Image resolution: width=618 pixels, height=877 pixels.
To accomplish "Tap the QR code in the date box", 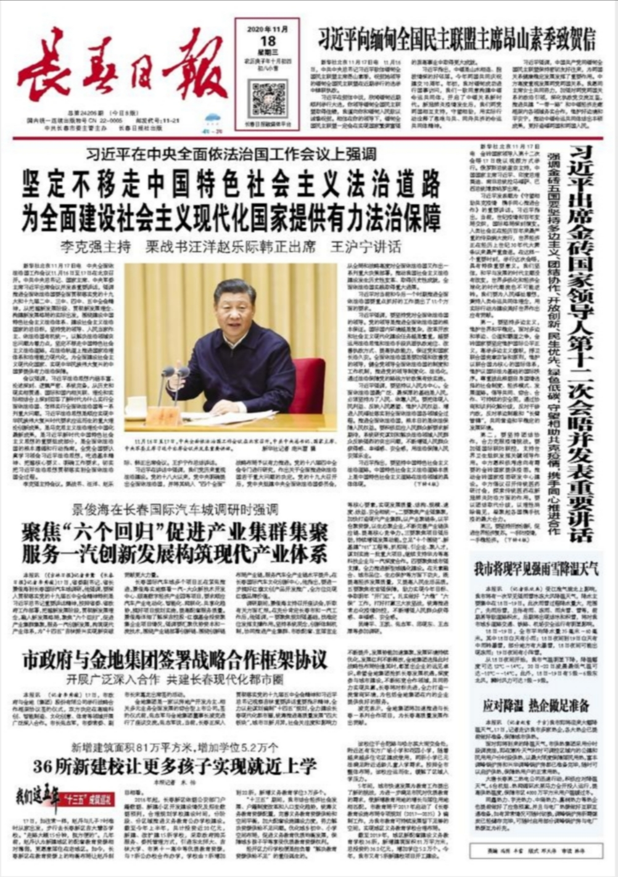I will click(267, 99).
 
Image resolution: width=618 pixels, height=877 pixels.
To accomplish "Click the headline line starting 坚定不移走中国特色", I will click(231, 183).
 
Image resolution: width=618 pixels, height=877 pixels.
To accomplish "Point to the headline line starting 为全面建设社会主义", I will click(231, 216).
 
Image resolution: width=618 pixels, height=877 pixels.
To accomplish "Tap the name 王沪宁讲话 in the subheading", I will click(366, 247).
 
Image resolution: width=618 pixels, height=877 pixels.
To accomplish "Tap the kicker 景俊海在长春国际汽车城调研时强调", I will click(175, 509).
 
